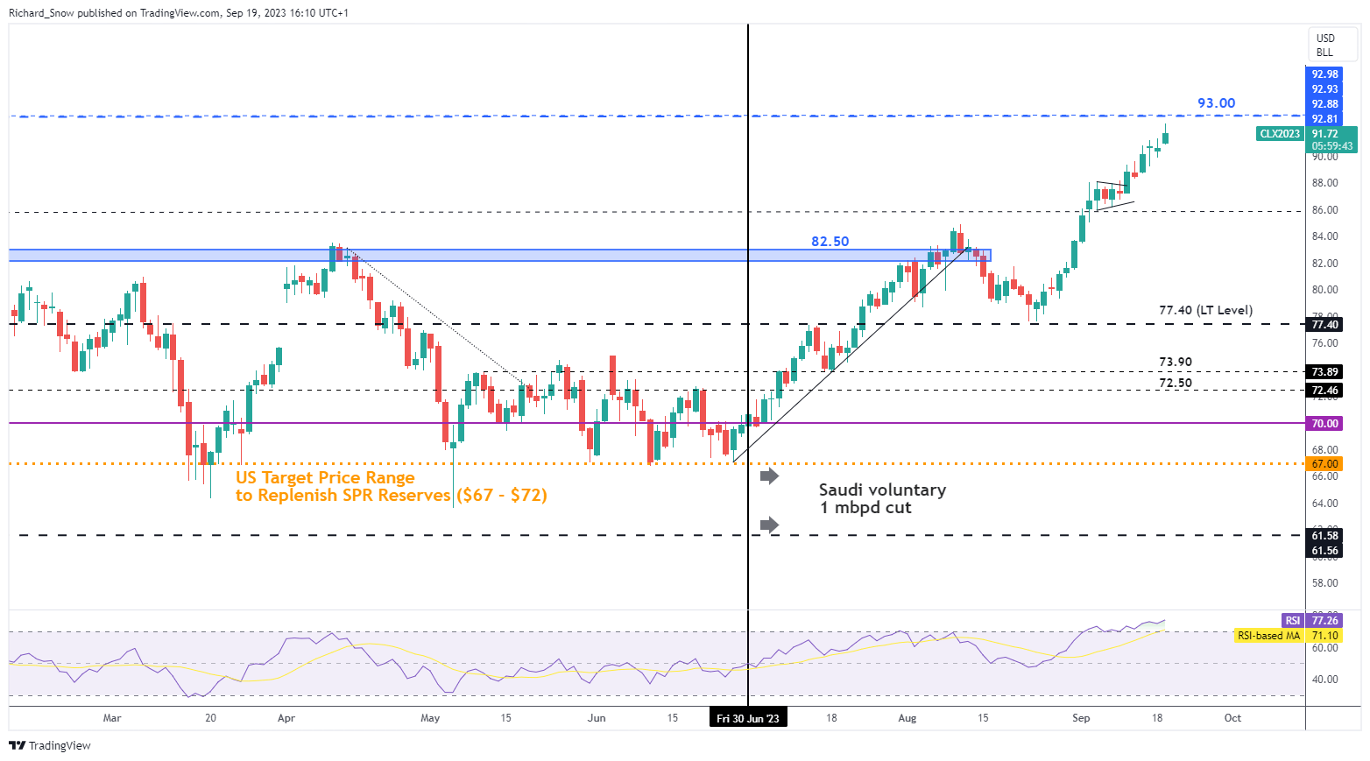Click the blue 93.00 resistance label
click(1216, 103)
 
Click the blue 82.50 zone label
click(830, 242)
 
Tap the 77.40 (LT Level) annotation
click(1205, 310)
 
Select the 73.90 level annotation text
click(1175, 362)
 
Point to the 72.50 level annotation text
click(1175, 383)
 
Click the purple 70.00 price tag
click(1324, 423)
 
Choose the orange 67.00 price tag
click(1324, 463)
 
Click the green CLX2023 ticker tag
click(1279, 134)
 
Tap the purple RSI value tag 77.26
click(1324, 620)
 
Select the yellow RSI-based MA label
click(1268, 636)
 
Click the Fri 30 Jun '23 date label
click(747, 718)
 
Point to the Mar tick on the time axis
click(112, 718)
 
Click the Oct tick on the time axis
click(1232, 718)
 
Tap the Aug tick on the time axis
click(907, 718)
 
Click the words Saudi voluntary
click(882, 490)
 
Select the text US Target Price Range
click(325, 477)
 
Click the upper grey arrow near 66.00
click(769, 476)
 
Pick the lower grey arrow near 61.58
click(769, 525)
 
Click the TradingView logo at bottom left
click(50, 745)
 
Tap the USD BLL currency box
click(1324, 45)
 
